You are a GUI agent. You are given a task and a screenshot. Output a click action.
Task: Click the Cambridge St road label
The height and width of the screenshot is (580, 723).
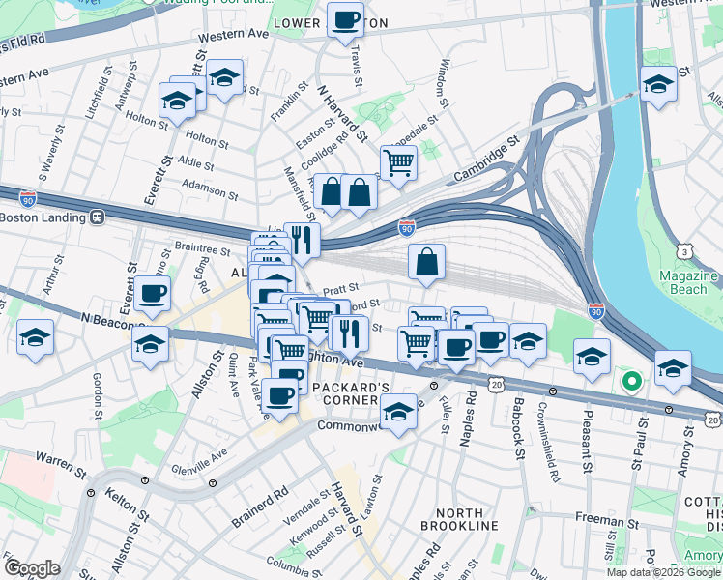(x=487, y=159)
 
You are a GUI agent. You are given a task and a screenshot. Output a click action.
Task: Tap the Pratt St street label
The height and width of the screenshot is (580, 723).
(x=340, y=288)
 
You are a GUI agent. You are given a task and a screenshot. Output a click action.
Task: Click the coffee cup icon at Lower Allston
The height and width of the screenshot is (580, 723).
(x=345, y=19)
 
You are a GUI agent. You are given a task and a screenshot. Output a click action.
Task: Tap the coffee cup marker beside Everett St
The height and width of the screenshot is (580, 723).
(x=153, y=294)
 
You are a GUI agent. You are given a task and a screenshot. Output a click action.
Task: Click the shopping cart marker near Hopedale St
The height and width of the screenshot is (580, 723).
(x=397, y=162)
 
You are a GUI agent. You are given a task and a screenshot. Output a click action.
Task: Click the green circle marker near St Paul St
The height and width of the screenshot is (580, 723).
(x=631, y=382)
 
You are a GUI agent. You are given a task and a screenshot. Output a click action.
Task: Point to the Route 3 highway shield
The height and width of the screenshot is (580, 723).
(x=684, y=251)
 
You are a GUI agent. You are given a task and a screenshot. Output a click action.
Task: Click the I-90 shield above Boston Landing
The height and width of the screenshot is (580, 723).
(x=27, y=198)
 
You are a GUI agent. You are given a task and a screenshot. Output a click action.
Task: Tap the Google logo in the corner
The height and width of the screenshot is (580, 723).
(x=32, y=568)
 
